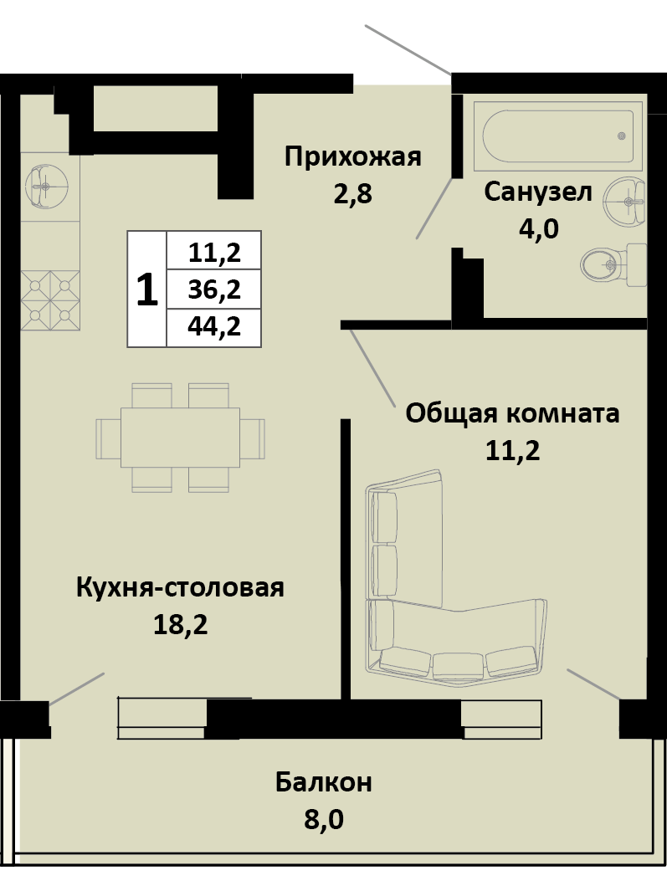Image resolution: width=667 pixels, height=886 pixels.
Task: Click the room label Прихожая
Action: point(352,156)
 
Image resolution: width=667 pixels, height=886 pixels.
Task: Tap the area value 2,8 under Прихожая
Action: point(352,195)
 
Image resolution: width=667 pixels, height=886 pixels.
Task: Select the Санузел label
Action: point(538,192)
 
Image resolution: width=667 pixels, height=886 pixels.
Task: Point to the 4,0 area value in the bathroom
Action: point(538,228)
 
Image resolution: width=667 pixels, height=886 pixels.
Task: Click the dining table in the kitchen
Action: point(180,437)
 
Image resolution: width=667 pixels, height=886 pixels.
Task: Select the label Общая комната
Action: point(512,413)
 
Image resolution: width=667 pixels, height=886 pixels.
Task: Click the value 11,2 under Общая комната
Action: point(512,451)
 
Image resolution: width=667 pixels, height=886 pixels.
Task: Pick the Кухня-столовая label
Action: point(180,587)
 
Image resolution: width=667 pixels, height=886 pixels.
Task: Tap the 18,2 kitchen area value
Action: point(180,625)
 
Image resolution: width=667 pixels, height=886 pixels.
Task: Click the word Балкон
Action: point(324,783)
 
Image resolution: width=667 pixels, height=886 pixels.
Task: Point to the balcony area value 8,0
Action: point(324,819)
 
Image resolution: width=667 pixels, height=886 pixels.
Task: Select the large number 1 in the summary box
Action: point(147,289)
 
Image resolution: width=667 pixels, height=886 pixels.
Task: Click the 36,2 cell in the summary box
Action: point(214,289)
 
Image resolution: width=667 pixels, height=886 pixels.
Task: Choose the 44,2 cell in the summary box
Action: point(214,327)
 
